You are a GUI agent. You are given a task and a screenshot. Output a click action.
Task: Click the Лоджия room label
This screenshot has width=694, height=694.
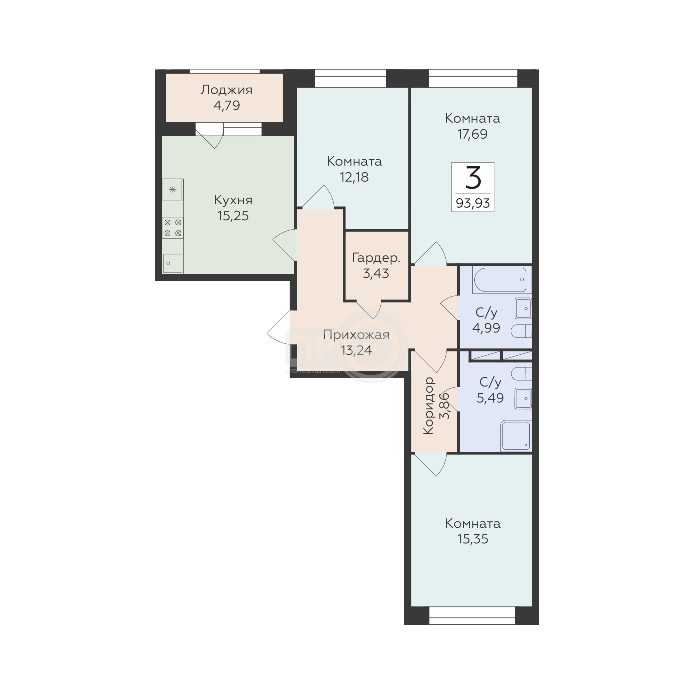click(226, 90)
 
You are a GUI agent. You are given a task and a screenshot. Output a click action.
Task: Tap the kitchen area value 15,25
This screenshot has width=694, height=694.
click(233, 216)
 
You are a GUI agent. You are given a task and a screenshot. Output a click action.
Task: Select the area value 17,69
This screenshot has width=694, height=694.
click(472, 134)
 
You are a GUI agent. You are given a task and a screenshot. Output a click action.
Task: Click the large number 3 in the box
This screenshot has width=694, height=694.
click(473, 178)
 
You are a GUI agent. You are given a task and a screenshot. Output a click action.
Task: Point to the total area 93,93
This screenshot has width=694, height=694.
click(473, 203)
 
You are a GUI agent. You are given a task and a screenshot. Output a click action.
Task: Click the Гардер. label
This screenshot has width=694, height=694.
click(376, 258)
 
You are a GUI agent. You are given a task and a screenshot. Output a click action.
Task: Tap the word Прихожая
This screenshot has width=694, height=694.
click(356, 335)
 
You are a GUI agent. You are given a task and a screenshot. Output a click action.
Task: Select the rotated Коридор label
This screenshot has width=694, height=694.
click(428, 405)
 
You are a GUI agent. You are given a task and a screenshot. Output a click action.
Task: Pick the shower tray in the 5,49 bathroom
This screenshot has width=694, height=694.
click(516, 435)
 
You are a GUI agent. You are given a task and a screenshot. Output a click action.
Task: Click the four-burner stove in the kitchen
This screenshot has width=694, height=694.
click(173, 228)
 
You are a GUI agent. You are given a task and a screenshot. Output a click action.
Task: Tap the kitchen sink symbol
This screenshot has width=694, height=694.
click(173, 263)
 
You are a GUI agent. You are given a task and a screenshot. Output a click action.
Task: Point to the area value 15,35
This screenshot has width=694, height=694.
click(472, 539)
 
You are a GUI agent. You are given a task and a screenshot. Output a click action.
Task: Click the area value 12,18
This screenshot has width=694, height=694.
click(354, 177)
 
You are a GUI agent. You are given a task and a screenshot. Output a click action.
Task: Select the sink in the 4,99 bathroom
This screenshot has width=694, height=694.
click(523, 308)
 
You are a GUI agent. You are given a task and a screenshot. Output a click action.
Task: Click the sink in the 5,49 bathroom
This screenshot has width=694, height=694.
click(523, 398)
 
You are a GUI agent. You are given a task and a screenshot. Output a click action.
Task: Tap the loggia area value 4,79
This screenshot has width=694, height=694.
click(226, 106)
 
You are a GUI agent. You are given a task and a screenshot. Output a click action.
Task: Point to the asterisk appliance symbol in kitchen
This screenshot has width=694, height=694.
click(173, 189)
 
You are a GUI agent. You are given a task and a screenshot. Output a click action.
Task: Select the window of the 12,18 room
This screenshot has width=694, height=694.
click(350, 78)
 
